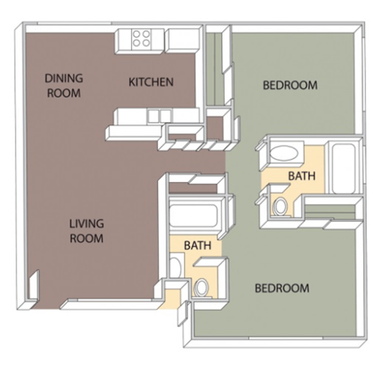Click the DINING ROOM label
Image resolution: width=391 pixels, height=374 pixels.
pos(64,85)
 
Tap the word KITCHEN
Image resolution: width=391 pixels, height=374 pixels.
pos(151,82)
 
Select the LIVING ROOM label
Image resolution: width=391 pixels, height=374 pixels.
pos(86,231)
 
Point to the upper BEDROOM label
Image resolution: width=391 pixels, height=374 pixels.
pos(288,85)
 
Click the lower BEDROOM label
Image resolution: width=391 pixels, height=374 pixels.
pos(282,288)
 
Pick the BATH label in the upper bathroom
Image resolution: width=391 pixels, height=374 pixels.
pos(301,176)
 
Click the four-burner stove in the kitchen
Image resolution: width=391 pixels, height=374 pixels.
pos(141,37)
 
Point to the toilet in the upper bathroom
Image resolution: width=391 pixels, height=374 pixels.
pos(281,205)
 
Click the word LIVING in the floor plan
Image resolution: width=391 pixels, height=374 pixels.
pos(86,224)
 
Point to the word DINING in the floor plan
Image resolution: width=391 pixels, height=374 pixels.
pos(64,78)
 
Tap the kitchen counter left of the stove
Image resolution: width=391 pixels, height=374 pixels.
pos(121,37)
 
